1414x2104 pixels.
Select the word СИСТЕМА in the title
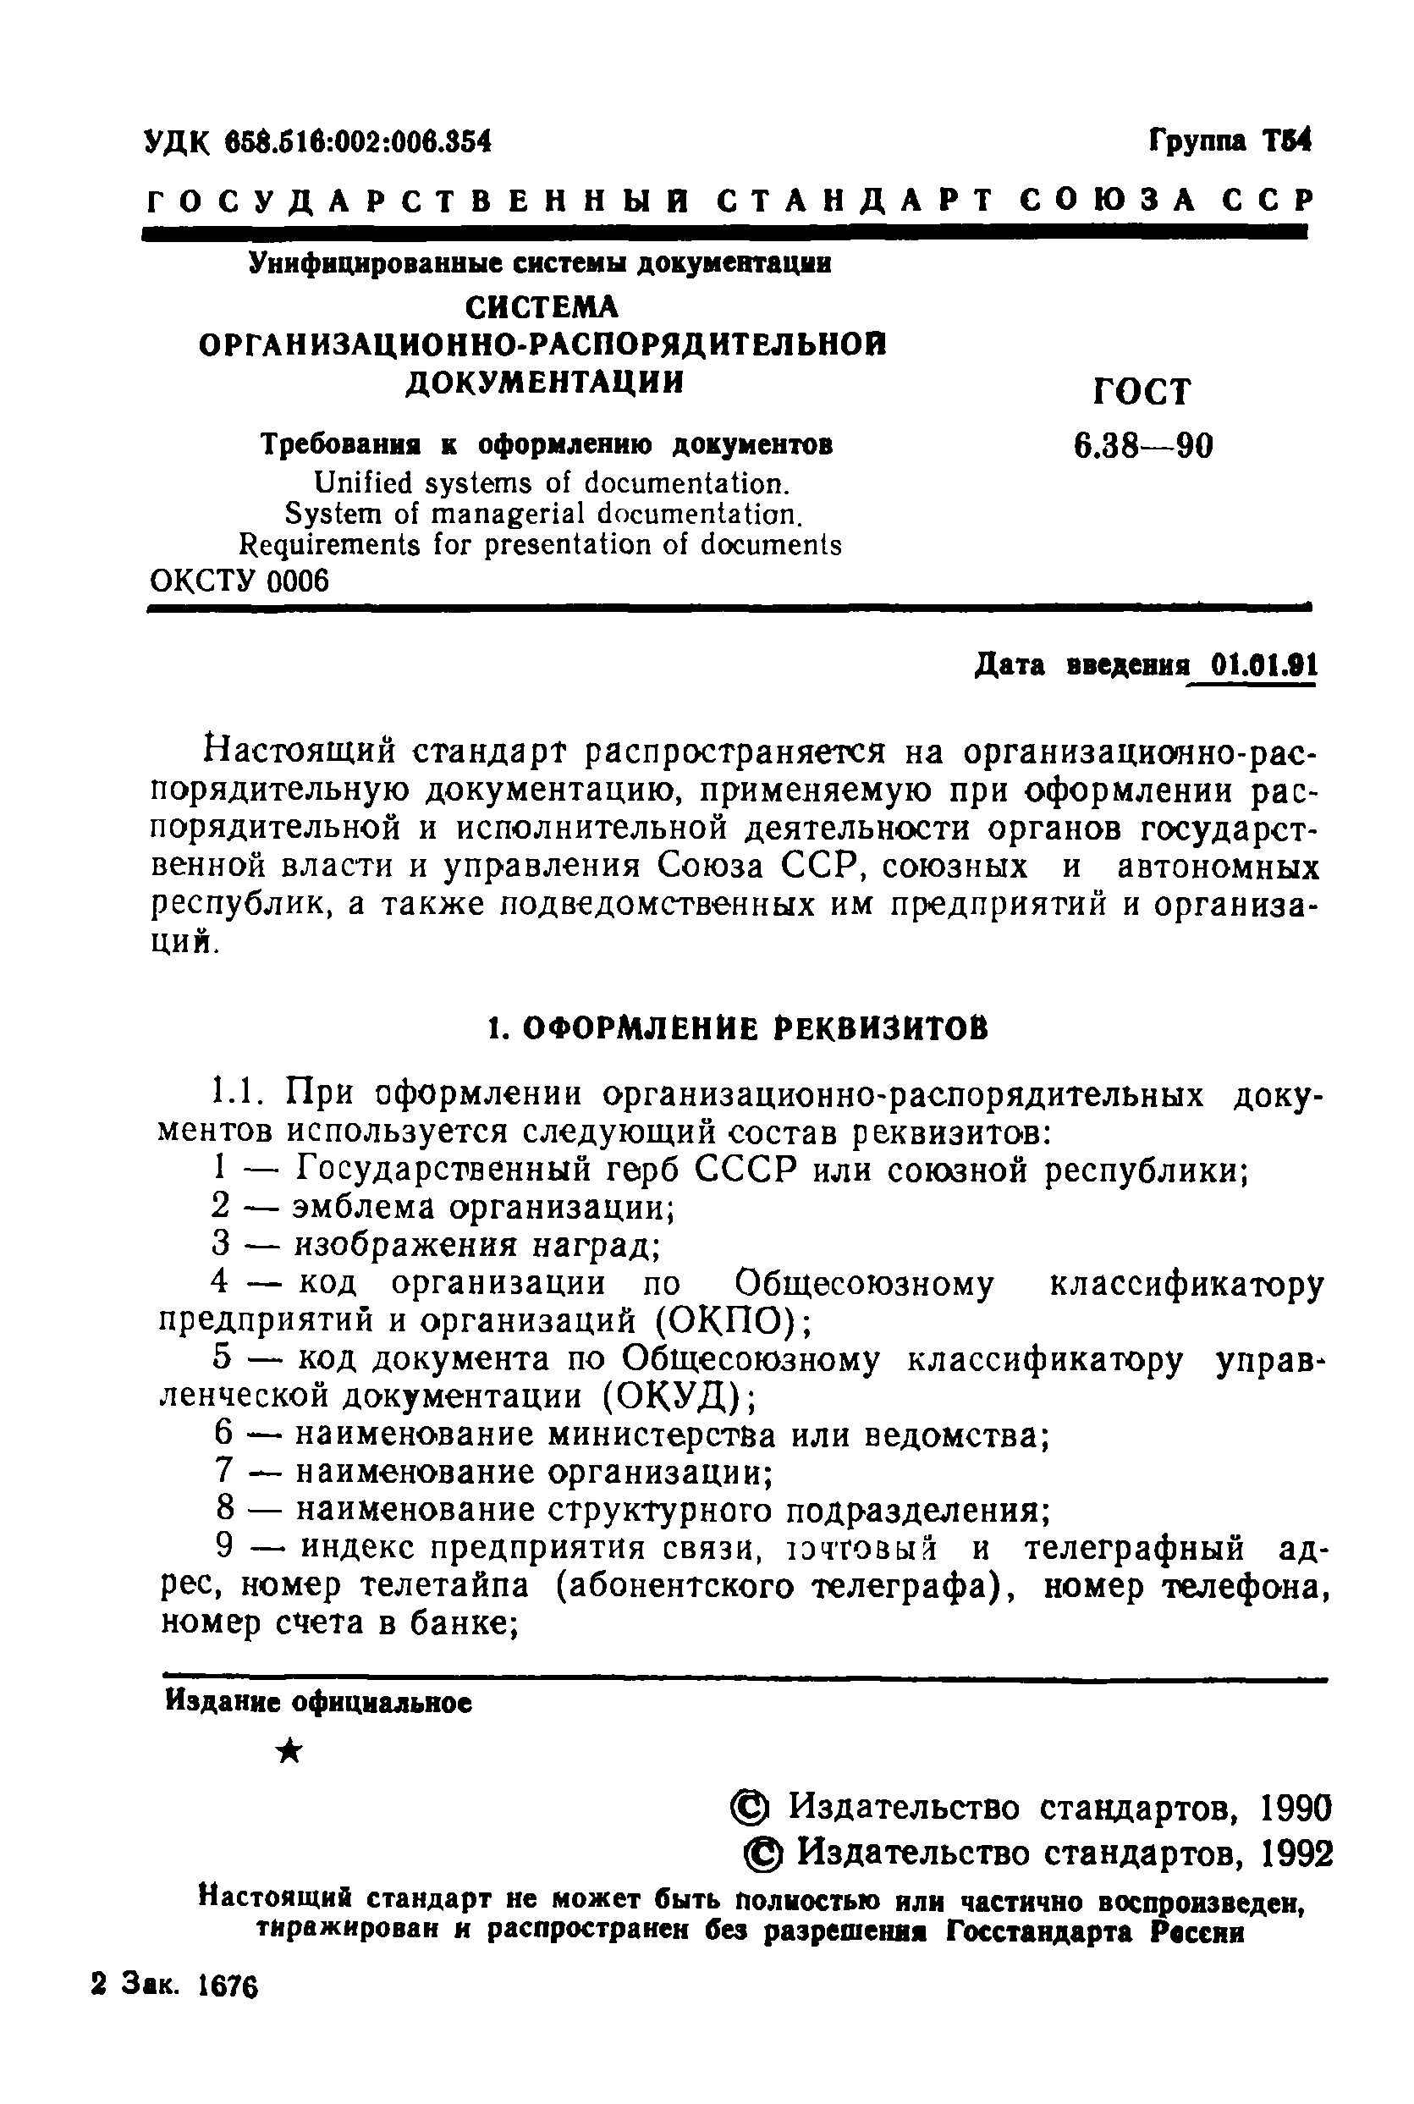(542, 307)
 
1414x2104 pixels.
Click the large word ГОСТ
(1142, 393)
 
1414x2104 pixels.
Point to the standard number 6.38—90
(1142, 445)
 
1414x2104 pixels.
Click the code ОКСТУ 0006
(239, 581)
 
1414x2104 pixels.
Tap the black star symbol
(289, 1751)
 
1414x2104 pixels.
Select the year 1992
(1296, 1854)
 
